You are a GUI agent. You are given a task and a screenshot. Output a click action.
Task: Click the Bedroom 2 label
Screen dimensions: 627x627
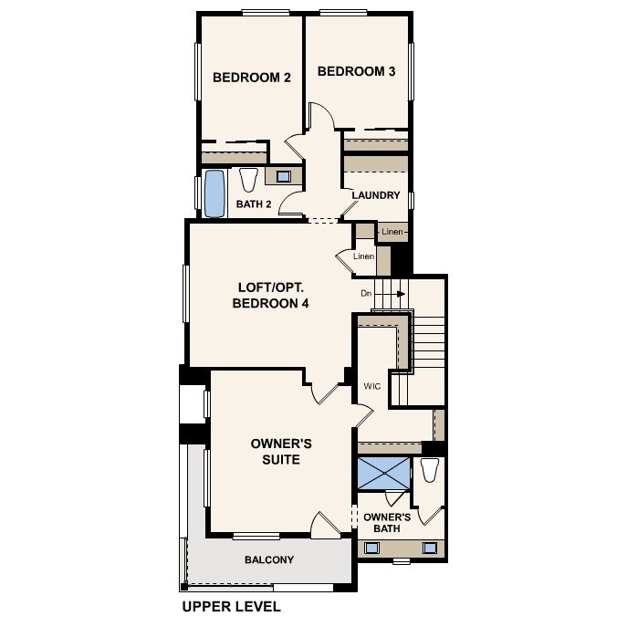click(x=252, y=78)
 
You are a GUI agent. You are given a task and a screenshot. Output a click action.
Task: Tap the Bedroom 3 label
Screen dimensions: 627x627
click(x=356, y=71)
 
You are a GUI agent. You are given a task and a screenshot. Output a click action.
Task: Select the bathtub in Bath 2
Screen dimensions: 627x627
click(x=214, y=193)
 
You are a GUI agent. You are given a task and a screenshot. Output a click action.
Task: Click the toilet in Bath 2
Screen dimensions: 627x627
click(x=249, y=181)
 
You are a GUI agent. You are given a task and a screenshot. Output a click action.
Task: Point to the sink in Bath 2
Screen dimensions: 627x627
click(x=284, y=176)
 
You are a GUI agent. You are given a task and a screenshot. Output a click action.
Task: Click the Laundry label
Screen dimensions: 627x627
click(x=376, y=195)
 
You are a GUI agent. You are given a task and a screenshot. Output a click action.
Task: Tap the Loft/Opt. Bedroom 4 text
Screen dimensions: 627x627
click(x=270, y=295)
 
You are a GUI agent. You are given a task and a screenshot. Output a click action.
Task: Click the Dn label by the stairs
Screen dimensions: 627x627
click(x=366, y=294)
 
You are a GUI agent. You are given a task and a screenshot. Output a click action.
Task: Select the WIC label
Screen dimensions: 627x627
click(x=372, y=386)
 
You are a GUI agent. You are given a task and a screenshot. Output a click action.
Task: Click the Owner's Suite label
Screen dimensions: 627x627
click(x=281, y=452)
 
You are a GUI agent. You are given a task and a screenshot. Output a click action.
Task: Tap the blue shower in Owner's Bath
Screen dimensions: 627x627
click(x=383, y=473)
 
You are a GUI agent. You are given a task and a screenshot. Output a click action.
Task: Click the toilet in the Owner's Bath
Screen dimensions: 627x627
click(x=430, y=470)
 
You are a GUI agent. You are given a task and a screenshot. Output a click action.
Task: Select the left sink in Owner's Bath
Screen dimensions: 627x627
click(x=371, y=548)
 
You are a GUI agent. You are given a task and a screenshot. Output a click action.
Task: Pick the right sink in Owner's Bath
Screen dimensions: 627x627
click(x=430, y=548)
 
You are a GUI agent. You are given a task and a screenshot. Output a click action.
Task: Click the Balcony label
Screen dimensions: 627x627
click(x=269, y=559)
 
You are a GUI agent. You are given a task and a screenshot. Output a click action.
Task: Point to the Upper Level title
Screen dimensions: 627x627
click(x=232, y=606)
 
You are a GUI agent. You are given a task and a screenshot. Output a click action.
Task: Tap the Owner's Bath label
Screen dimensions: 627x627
click(x=387, y=523)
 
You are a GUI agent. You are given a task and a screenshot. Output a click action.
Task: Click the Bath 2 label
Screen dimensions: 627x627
click(x=254, y=204)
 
